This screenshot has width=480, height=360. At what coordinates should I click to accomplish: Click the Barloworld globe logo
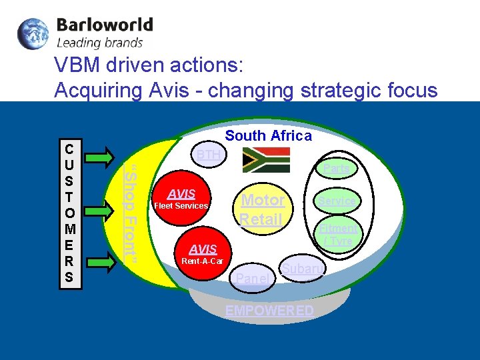point(33,34)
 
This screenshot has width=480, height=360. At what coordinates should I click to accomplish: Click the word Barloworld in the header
point(105,26)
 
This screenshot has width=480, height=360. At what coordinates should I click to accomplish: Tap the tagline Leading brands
point(100,43)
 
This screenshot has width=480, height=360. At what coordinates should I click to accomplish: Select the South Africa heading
point(268,136)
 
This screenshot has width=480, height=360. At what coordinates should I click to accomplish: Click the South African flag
point(267,161)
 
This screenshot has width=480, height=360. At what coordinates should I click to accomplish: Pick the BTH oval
point(209,155)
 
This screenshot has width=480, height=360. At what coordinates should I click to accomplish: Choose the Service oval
point(337,200)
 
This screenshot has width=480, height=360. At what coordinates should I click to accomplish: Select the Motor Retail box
point(262,209)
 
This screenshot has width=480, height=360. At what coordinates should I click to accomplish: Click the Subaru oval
point(302,269)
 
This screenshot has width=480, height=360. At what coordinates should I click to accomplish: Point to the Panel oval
point(253,279)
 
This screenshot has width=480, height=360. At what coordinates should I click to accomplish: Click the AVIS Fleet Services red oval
point(181,199)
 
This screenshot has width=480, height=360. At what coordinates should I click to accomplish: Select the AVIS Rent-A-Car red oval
point(203,253)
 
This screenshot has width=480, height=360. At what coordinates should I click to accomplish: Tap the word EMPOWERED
point(269,311)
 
